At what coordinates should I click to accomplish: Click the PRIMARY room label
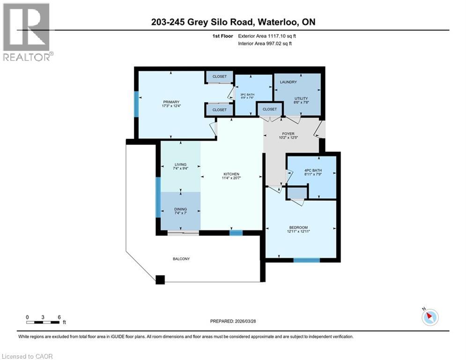pyautogui.click(x=171, y=102)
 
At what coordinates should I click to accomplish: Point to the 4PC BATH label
pyautogui.click(x=311, y=171)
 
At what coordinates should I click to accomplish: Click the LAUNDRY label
pyautogui.click(x=288, y=82)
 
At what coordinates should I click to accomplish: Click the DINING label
pyautogui.click(x=180, y=210)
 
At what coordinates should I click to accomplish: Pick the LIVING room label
pyautogui.click(x=180, y=165)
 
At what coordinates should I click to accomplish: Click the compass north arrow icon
pyautogui.click(x=429, y=317)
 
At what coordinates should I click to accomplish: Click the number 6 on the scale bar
pyautogui.click(x=59, y=317)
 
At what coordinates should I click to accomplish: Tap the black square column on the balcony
pyautogui.click(x=160, y=279)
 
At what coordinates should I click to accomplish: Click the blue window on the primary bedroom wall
pyautogui.click(x=136, y=104)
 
